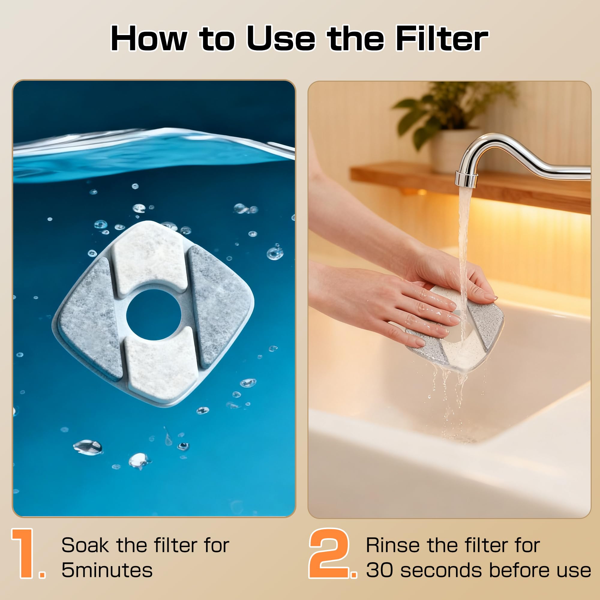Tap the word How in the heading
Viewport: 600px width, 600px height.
(x=149, y=38)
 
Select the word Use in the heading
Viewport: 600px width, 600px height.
(x=281, y=38)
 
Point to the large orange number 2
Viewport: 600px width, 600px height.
(x=329, y=553)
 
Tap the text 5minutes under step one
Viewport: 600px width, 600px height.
(x=107, y=571)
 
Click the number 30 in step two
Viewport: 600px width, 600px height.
(x=380, y=571)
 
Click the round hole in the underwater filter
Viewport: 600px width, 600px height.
(x=154, y=314)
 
